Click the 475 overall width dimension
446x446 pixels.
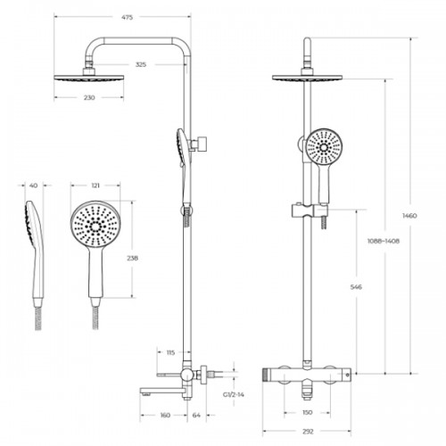127,18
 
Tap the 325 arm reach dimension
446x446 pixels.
141,64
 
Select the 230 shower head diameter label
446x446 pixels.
89,97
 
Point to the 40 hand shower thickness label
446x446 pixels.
34,186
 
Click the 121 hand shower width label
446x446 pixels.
95,186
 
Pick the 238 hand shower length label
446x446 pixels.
132,258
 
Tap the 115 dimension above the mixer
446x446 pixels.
170,352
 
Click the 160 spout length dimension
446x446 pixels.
165,415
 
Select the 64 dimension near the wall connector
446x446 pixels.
196,415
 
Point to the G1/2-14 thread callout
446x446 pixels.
234,395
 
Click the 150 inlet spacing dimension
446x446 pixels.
308,412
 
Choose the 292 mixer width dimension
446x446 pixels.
308,432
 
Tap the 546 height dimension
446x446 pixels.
356,287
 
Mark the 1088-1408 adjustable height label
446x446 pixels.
384,241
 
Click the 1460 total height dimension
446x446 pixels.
409,216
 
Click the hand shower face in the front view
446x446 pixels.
324,146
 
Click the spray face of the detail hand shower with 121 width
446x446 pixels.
95,226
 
